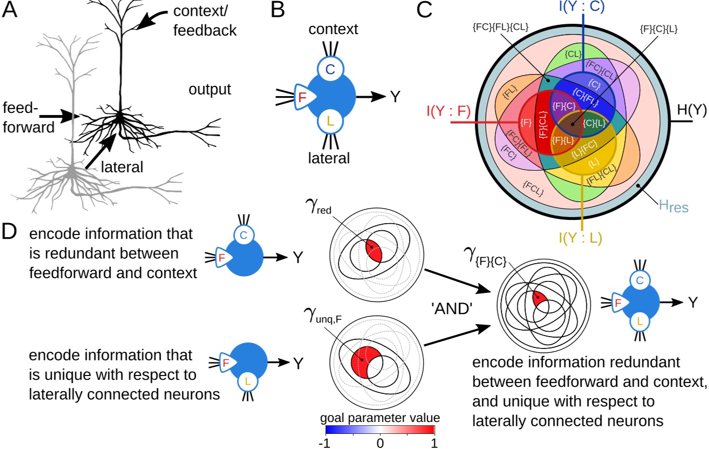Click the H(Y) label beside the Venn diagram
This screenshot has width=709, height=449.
click(691, 111)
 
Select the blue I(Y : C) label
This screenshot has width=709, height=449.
click(582, 8)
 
